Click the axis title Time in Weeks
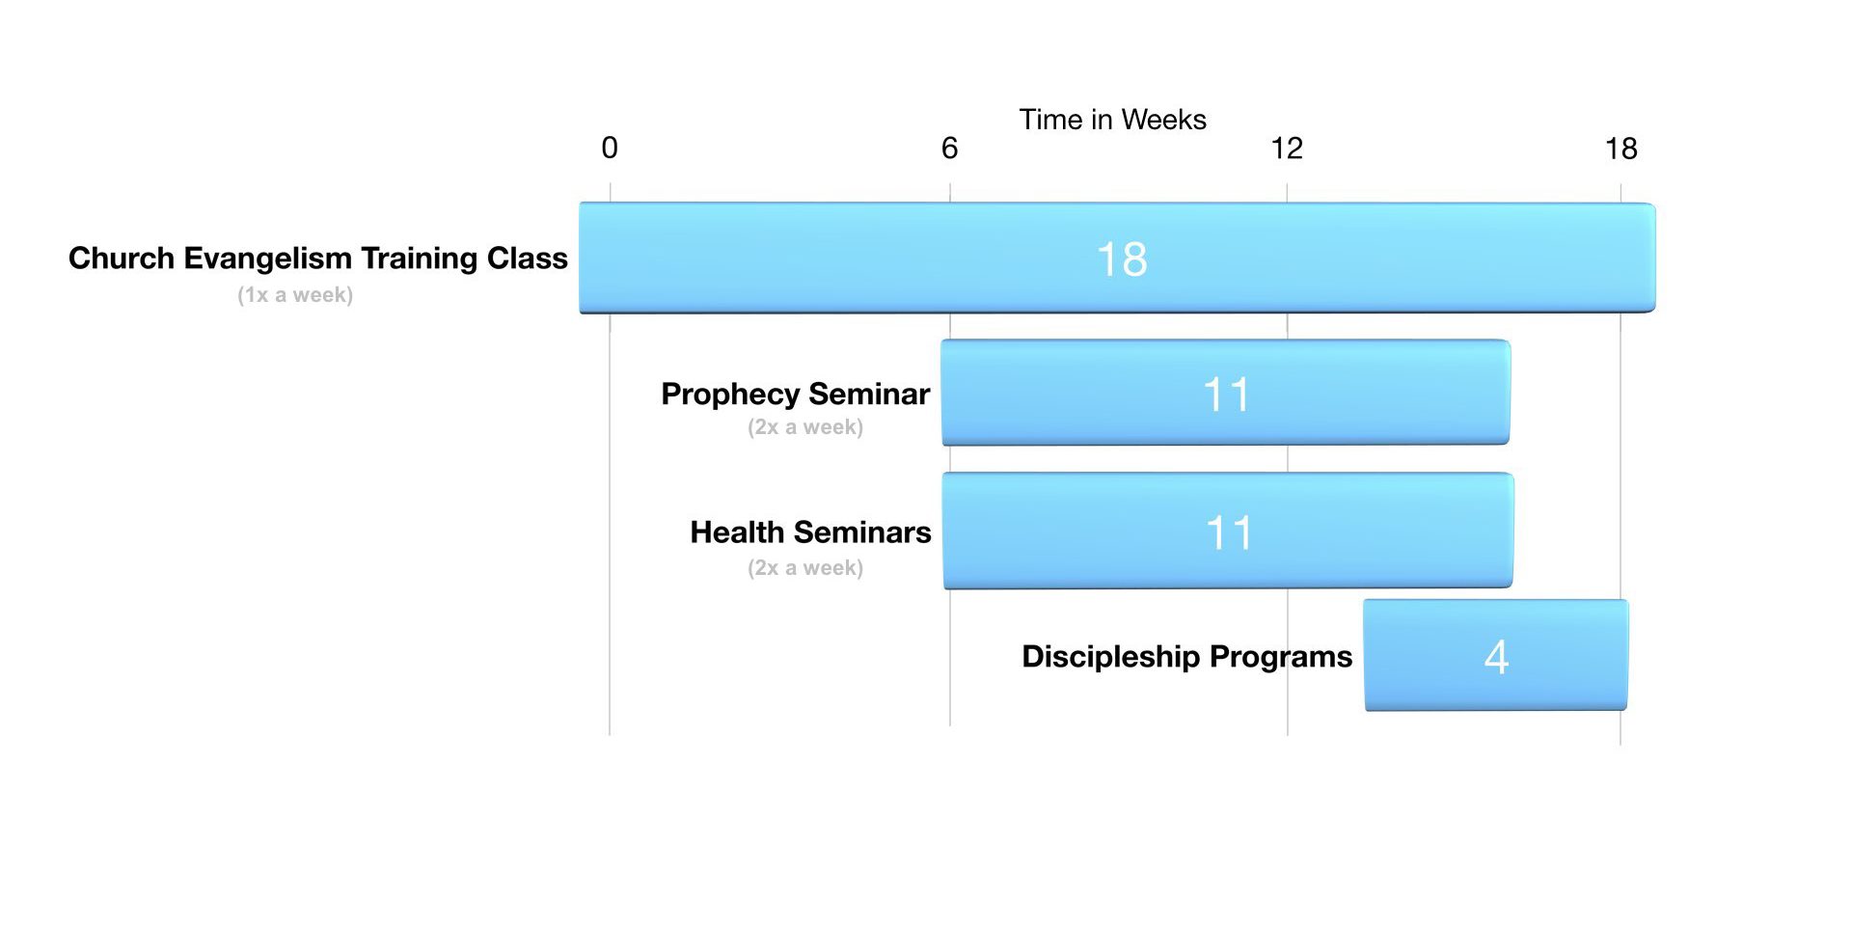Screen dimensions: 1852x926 pyautogui.click(x=1112, y=120)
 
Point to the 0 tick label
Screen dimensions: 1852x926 pyautogui.click(x=610, y=148)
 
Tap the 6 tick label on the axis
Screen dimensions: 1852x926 pyautogui.click(x=950, y=148)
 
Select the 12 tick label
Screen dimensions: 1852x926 pyautogui.click(x=1287, y=148)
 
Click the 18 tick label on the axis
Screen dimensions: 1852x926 pyautogui.click(x=1621, y=149)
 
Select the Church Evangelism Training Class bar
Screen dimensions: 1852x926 pyautogui.click(x=1117, y=258)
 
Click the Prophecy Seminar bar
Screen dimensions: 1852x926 pyautogui.click(x=1226, y=393)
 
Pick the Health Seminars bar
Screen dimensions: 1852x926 pyautogui.click(x=1228, y=531)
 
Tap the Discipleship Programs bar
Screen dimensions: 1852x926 pyautogui.click(x=1496, y=655)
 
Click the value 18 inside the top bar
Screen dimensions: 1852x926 pyautogui.click(x=1122, y=259)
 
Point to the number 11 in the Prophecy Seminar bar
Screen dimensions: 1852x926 pyautogui.click(x=1226, y=395)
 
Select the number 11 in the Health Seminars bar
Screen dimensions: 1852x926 pyautogui.click(x=1229, y=532)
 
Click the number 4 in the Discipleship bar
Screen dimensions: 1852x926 pyautogui.click(x=1496, y=657)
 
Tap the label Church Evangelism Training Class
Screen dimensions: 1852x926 pyautogui.click(x=318, y=259)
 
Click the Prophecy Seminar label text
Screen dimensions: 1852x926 pyautogui.click(x=796, y=395)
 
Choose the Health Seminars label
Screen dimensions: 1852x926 pyautogui.click(x=810, y=532)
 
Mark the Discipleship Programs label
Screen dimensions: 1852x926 pyautogui.click(x=1187, y=657)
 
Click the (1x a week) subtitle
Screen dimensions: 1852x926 pyautogui.click(x=295, y=295)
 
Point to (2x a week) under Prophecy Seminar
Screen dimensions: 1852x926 pyautogui.click(x=805, y=427)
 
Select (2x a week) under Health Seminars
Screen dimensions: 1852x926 pyautogui.click(x=805, y=568)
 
